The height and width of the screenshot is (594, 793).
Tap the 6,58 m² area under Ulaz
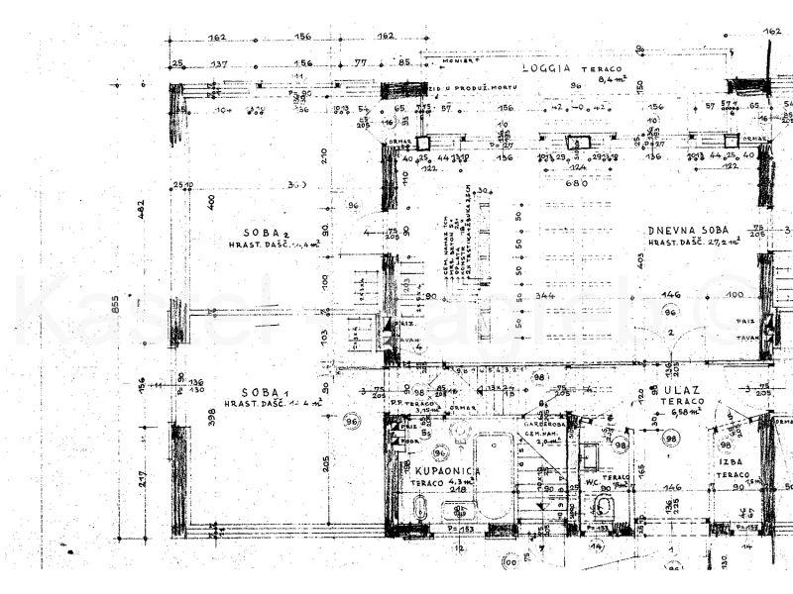point(687,416)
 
